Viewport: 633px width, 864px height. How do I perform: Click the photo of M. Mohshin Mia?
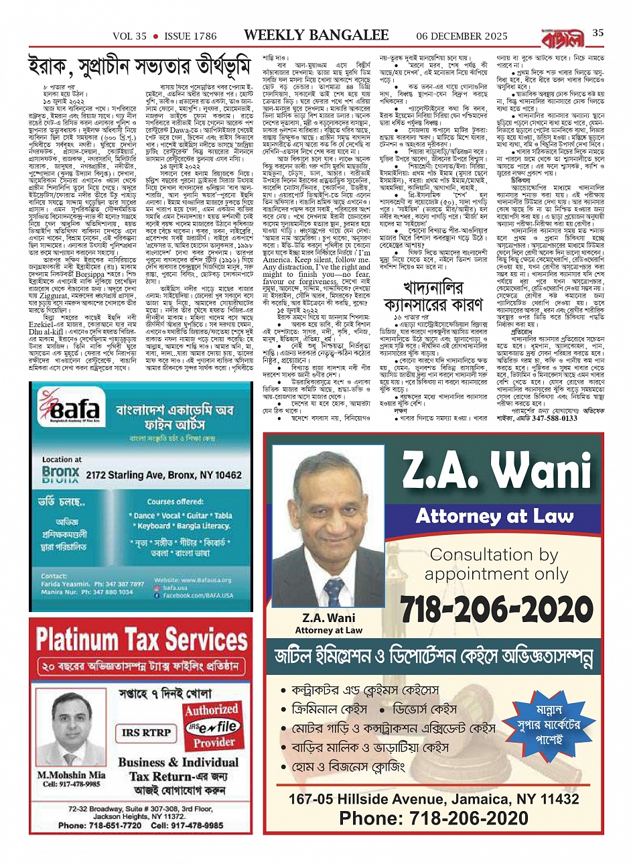[71, 729]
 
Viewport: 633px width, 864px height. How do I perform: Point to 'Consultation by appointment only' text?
[494, 564]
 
